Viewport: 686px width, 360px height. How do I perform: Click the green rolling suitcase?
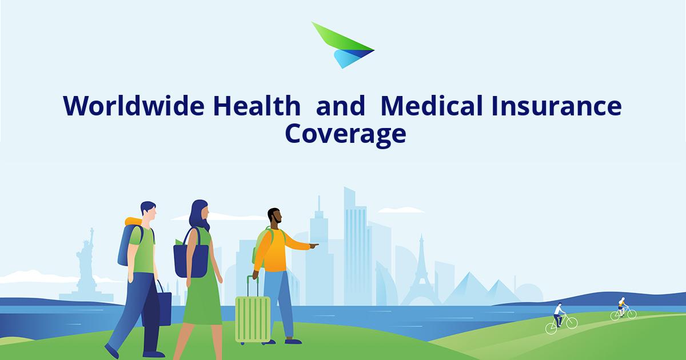pos(252,317)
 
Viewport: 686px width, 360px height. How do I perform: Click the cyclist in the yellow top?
pos(622,307)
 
